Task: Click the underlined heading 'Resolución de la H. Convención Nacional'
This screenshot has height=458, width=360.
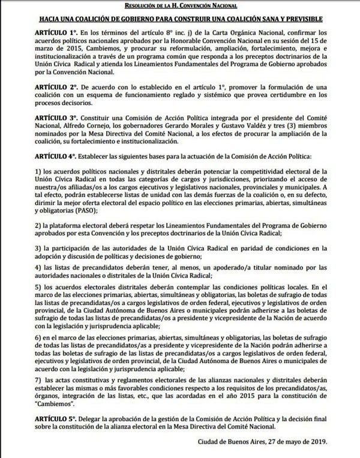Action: (179, 5)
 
